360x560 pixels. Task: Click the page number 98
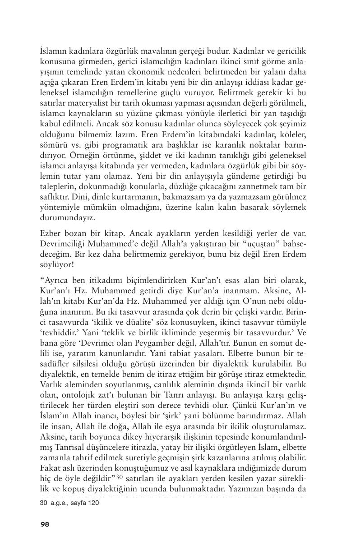click(45, 524)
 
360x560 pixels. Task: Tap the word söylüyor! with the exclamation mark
click(56, 264)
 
